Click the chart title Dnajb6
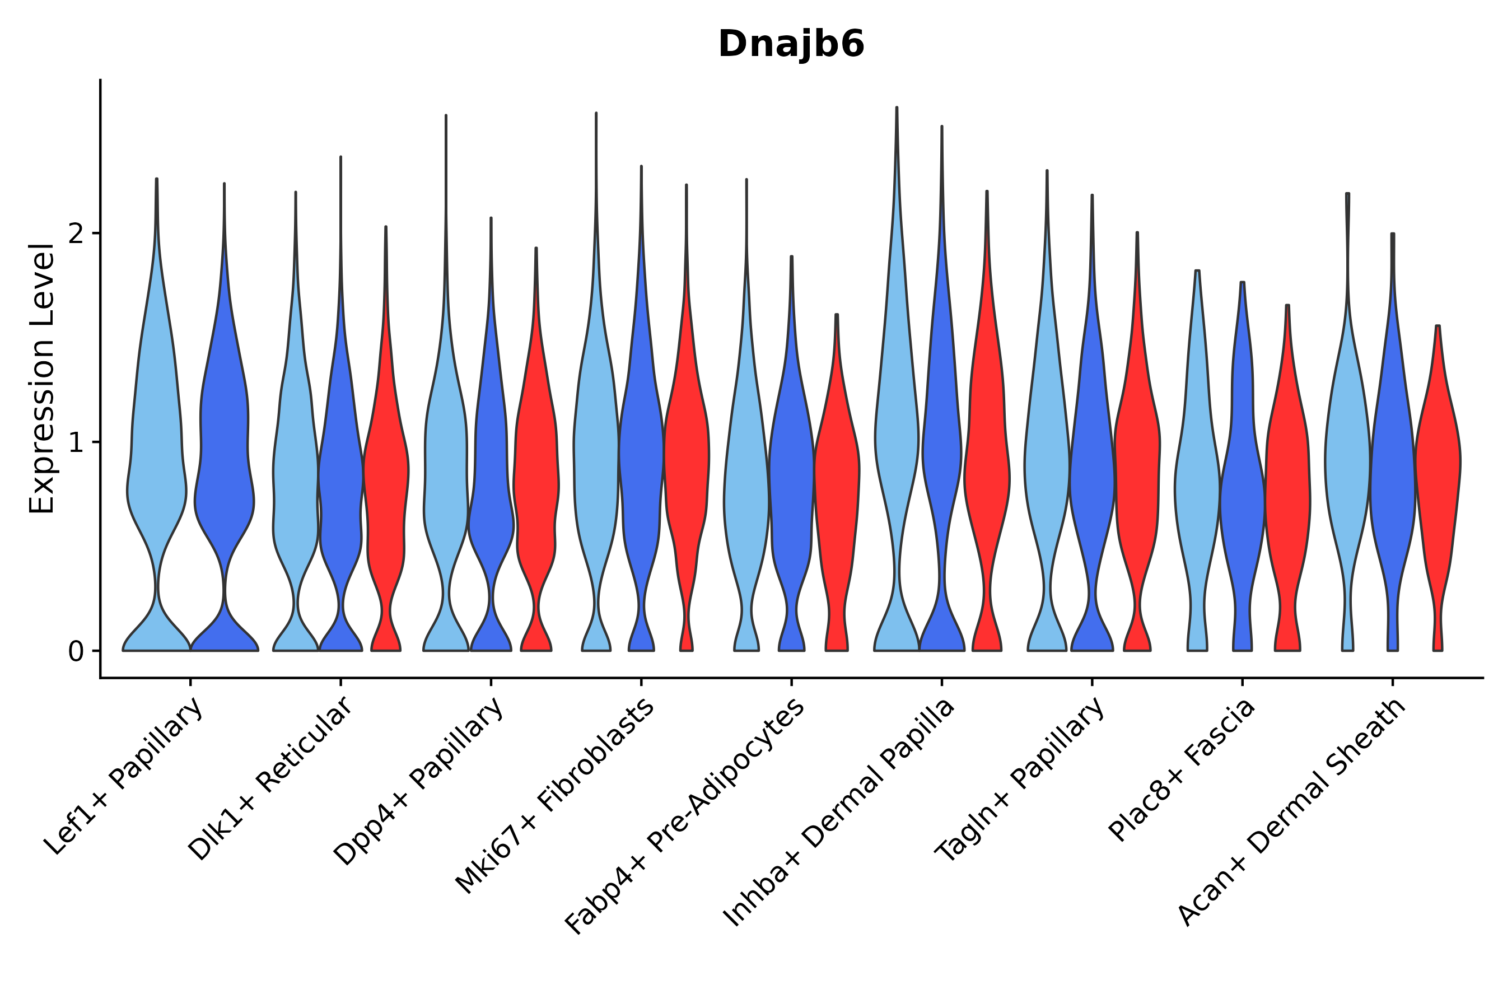point(791,44)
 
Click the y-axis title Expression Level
point(42,379)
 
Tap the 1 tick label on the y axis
point(76,443)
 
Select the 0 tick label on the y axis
point(76,652)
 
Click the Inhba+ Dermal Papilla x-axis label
point(839,813)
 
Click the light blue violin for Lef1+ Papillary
point(156,450)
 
